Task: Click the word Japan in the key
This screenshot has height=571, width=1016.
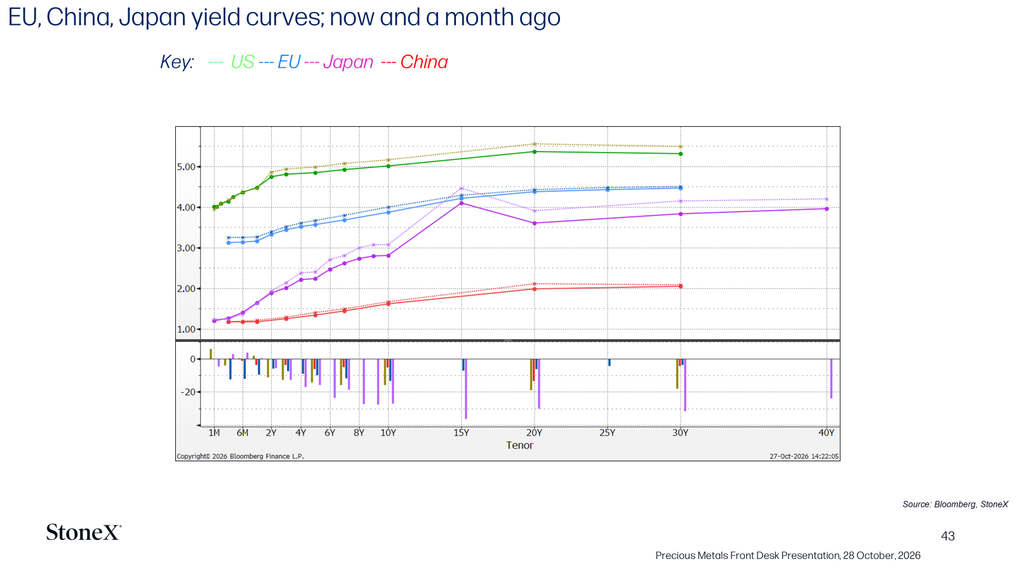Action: tap(348, 62)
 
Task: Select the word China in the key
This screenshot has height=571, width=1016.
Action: tap(424, 62)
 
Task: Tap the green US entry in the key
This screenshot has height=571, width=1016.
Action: tap(243, 62)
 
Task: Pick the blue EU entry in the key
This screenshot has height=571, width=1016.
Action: tap(289, 62)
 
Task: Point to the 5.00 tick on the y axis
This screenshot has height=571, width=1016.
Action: tap(186, 167)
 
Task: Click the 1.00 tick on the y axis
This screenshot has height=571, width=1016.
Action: tap(186, 329)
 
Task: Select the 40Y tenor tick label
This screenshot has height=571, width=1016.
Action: tap(826, 433)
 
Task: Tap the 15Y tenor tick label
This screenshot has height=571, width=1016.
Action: tap(461, 433)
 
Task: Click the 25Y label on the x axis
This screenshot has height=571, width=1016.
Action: tap(607, 433)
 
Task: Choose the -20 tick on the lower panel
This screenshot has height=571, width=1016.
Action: tap(188, 392)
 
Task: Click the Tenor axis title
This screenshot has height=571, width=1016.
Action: tap(520, 445)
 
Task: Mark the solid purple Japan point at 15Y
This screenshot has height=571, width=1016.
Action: tap(461, 204)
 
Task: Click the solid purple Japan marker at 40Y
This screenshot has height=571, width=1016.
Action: tap(826, 209)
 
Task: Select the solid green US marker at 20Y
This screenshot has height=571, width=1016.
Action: tap(534, 152)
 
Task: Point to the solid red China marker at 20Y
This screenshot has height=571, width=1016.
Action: tap(534, 289)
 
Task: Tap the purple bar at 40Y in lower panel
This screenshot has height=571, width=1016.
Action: tap(831, 379)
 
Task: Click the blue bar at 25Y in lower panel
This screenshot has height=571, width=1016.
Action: tap(609, 362)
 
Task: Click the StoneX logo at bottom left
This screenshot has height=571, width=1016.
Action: tap(84, 532)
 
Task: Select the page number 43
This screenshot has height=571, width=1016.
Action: tap(947, 536)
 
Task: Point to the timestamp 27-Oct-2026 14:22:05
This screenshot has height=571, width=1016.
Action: tap(804, 456)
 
